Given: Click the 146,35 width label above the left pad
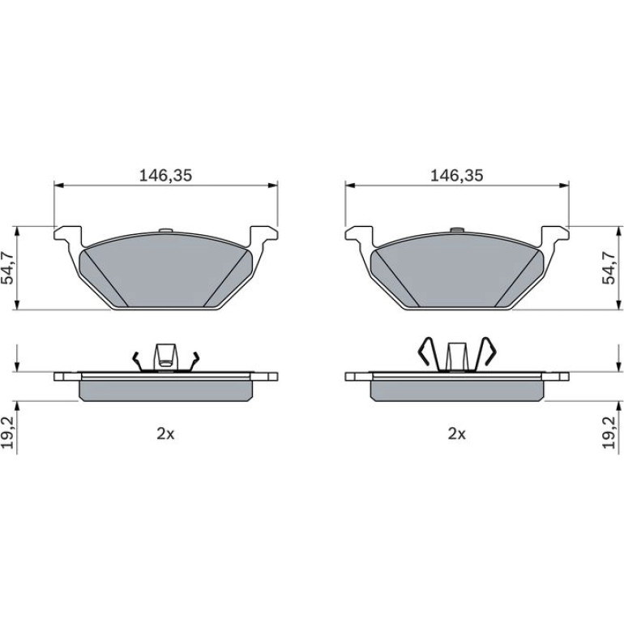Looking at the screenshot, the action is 165,175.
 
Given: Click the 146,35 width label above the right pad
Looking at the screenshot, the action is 457,175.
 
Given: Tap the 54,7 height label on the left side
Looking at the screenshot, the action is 8,267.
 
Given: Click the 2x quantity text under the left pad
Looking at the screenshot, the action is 165,434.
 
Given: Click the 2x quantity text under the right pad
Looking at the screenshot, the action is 457,434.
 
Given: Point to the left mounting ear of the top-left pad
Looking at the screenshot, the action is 68,236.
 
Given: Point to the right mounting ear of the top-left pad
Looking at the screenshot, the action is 263,236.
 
